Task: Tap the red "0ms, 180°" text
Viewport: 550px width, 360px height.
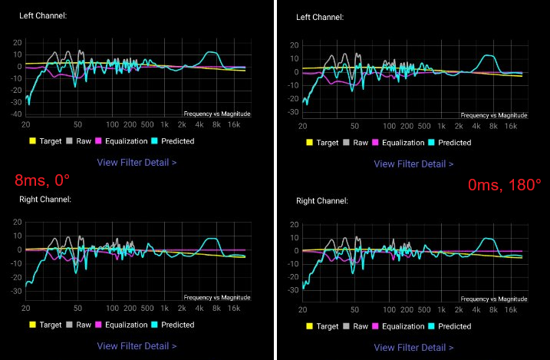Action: [x=505, y=185]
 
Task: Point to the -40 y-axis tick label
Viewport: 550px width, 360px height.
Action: [x=16, y=114]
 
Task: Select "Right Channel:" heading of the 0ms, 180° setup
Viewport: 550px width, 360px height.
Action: [x=322, y=200]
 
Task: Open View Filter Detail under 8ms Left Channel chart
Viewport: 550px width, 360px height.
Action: [x=137, y=163]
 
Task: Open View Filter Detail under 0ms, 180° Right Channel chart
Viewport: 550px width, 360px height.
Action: [x=413, y=347]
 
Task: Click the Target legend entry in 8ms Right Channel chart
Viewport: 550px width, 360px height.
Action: [x=48, y=325]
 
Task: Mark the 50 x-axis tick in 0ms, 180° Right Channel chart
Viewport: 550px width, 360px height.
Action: [x=354, y=309]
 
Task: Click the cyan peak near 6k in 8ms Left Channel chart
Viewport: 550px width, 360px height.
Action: [x=212, y=53]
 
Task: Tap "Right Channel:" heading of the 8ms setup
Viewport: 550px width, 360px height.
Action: [x=45, y=200]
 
